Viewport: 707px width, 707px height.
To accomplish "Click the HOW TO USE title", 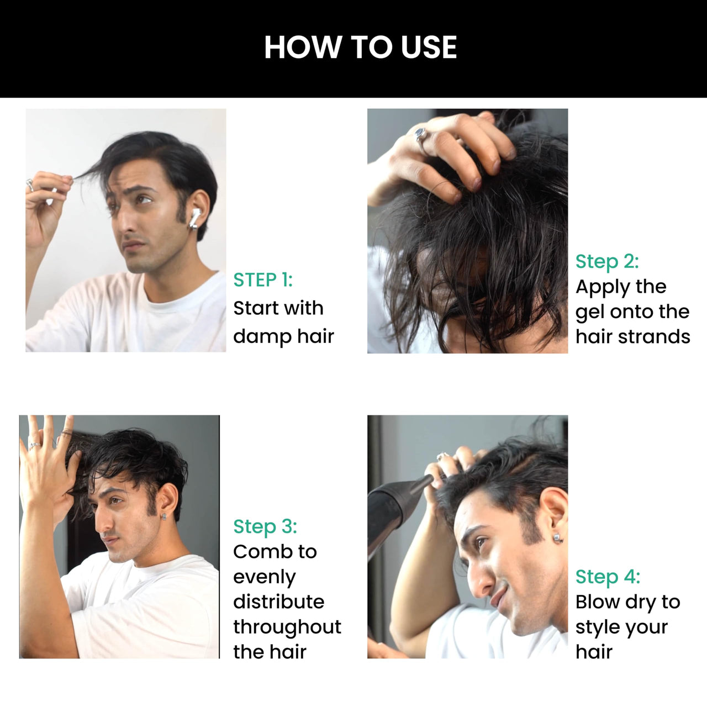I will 360,47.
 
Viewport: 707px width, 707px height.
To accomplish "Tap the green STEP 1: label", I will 263,280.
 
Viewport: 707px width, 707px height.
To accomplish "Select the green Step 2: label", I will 607,261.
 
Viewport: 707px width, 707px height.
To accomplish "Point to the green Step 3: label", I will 265,526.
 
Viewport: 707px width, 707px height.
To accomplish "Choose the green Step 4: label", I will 608,577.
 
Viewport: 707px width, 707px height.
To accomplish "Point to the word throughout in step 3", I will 287,627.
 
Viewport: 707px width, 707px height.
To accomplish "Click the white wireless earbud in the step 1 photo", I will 194,218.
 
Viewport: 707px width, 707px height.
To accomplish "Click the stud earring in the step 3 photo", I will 164,517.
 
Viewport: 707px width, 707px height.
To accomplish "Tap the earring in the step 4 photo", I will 558,537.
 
